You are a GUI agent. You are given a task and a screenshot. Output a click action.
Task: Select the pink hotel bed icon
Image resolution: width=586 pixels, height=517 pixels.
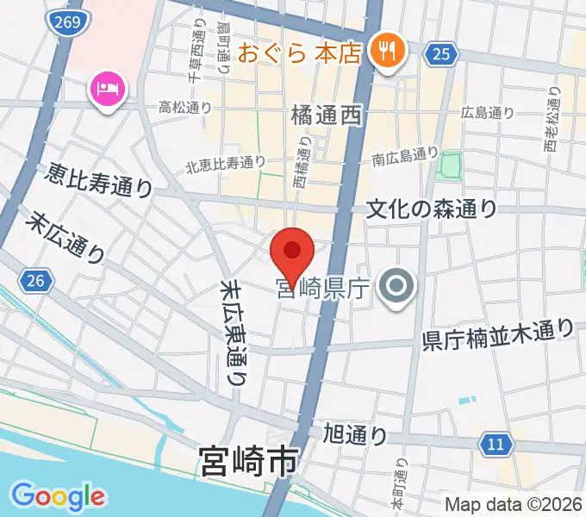[109, 90]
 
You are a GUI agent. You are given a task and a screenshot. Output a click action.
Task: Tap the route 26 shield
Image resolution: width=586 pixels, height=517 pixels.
[34, 280]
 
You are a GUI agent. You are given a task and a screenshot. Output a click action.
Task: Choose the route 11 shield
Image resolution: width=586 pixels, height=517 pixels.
[494, 445]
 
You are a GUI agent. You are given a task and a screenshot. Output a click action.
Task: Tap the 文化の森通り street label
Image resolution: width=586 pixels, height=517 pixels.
[432, 209]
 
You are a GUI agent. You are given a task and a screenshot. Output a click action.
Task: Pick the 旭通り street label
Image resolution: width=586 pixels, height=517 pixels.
[354, 433]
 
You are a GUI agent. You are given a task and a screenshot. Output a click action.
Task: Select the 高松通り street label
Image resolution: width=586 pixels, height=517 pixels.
[186, 108]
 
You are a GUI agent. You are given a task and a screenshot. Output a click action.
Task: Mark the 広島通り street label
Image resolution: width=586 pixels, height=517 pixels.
[488, 112]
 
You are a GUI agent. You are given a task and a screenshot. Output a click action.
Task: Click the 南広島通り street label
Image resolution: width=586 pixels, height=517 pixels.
[406, 156]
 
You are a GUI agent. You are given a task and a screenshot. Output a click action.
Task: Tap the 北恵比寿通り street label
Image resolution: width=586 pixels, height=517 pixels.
[225, 161]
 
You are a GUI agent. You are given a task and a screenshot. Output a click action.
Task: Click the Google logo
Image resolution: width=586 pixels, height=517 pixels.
[58, 495]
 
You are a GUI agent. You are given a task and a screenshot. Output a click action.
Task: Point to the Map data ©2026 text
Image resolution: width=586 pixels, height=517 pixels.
[512, 505]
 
